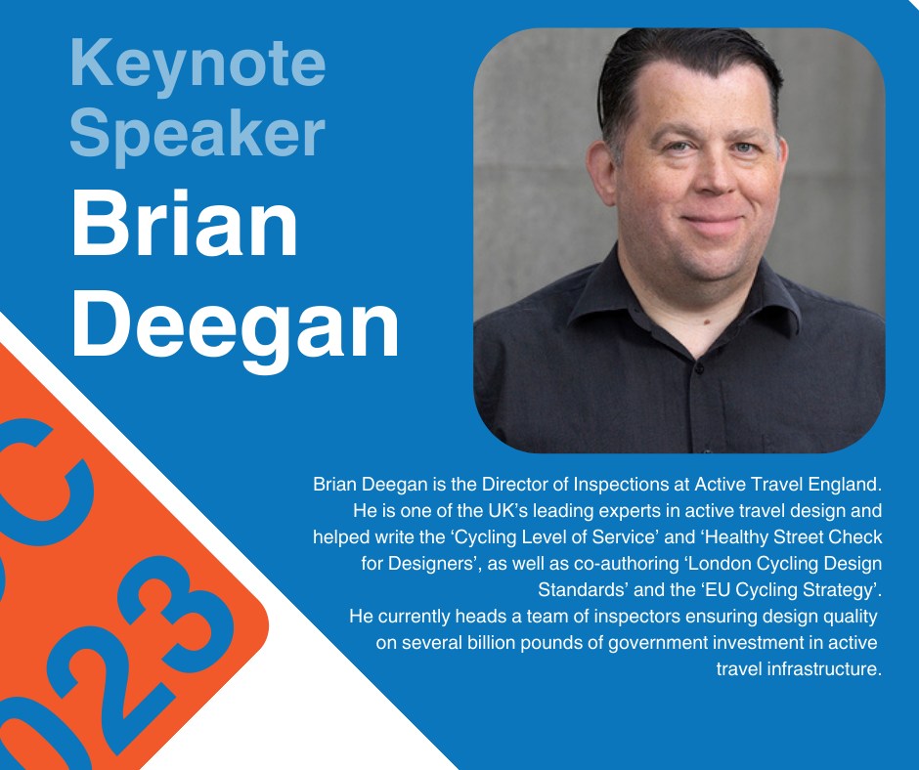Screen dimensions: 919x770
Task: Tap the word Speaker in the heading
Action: click(197, 136)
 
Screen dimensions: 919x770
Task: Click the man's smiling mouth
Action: click(712, 223)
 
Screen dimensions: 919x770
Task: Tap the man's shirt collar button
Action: click(699, 369)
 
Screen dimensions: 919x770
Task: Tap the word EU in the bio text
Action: click(716, 589)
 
